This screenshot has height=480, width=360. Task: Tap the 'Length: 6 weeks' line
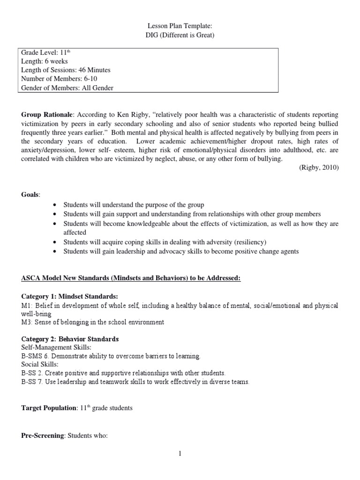[x=45, y=62]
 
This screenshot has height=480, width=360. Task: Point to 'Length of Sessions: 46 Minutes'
[x=66, y=70]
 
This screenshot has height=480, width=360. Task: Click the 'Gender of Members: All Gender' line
[x=67, y=87]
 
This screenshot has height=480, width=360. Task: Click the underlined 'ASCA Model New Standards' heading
[x=131, y=278]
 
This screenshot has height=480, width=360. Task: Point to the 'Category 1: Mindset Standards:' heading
[x=70, y=296]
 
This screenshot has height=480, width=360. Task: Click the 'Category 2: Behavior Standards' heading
[x=70, y=339]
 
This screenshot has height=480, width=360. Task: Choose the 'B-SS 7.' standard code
[x=33, y=382]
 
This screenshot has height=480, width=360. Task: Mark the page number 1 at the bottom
[x=180, y=454]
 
